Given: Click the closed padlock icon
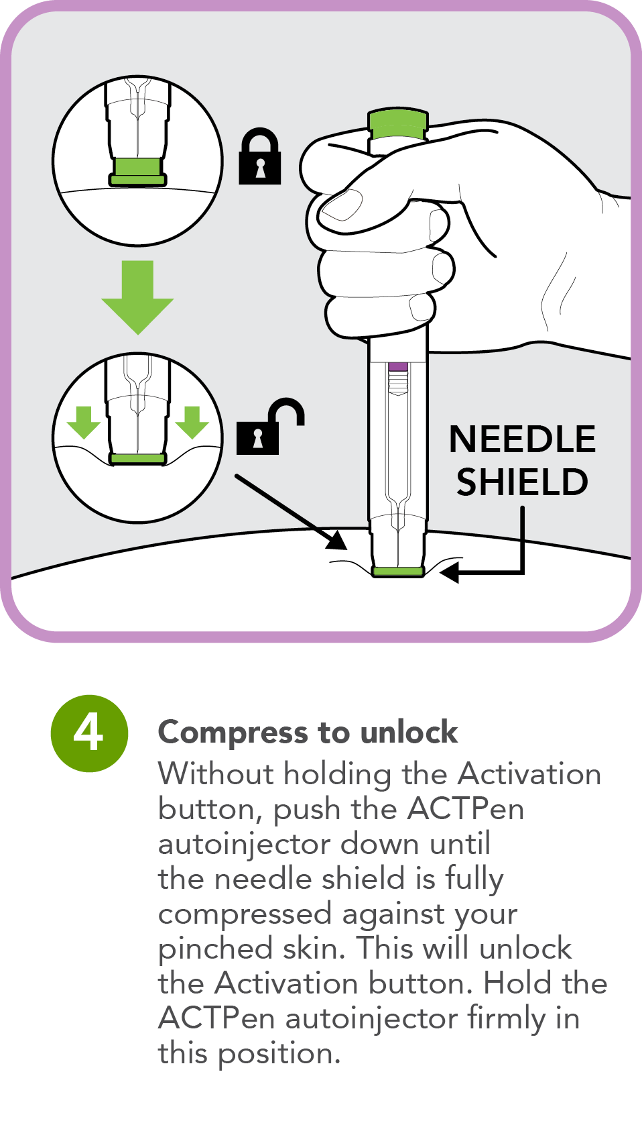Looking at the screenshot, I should pyautogui.click(x=260, y=159).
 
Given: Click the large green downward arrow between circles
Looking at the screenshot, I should pyautogui.click(x=137, y=296).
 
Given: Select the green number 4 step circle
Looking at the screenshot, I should pyautogui.click(x=89, y=733).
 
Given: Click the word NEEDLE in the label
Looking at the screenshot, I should pyautogui.click(x=522, y=439).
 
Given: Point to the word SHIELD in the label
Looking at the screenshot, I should pyautogui.click(x=522, y=482).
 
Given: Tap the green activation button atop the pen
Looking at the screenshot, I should pyautogui.click(x=397, y=123).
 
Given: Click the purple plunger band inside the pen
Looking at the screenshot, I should pyautogui.click(x=397, y=366).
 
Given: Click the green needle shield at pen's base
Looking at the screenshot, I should pyautogui.click(x=397, y=572).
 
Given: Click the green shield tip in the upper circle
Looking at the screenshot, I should pyautogui.click(x=137, y=171).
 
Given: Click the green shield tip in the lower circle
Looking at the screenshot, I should pyautogui.click(x=137, y=459).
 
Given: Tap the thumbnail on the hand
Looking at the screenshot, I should pyautogui.click(x=341, y=205).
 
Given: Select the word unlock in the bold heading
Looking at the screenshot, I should pyautogui.click(x=409, y=733).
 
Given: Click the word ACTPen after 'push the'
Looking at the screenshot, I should pyautogui.click(x=465, y=808).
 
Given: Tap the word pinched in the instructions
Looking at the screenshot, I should pyautogui.click(x=215, y=949).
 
